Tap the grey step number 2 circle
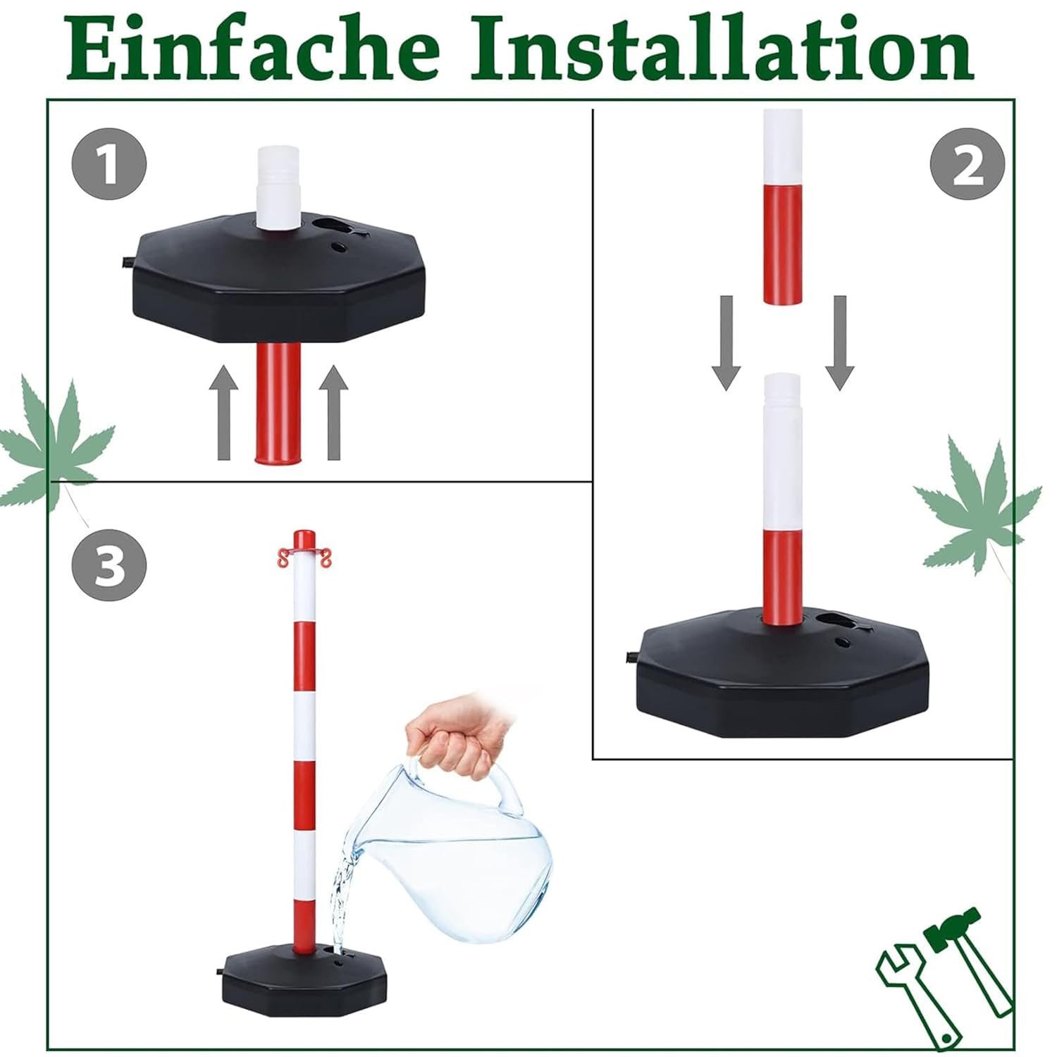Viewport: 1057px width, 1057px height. pos(968,167)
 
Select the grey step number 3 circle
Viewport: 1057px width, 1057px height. pos(109,566)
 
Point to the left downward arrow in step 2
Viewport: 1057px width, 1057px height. pos(726,342)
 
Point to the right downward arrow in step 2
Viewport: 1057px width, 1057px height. pos(839,342)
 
